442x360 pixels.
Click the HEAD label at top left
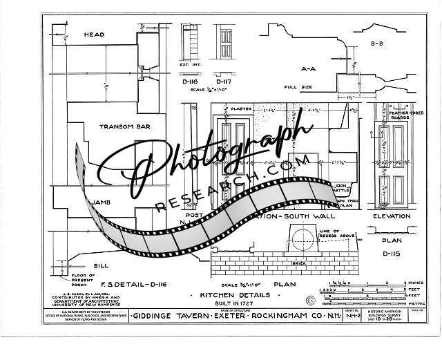[x=94, y=35]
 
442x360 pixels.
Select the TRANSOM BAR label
[x=120, y=127]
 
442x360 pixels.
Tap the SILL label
[x=100, y=265]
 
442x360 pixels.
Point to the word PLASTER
[x=241, y=108]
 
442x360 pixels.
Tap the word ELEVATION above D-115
[x=392, y=216]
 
